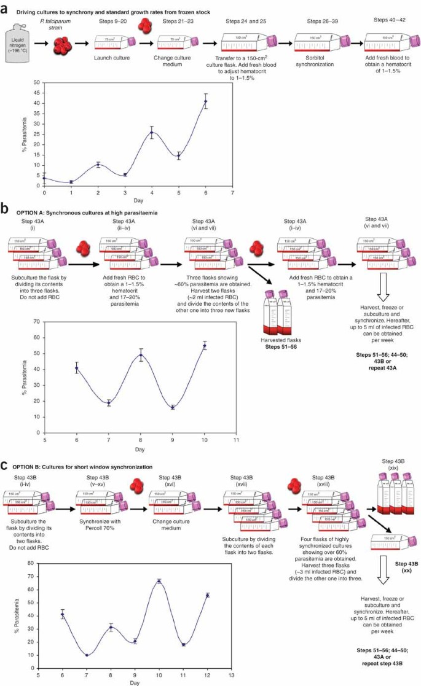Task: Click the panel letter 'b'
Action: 5,209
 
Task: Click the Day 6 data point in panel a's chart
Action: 206,101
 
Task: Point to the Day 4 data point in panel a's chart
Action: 152,133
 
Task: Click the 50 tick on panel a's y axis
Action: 39,82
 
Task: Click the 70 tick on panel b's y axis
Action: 39,322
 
